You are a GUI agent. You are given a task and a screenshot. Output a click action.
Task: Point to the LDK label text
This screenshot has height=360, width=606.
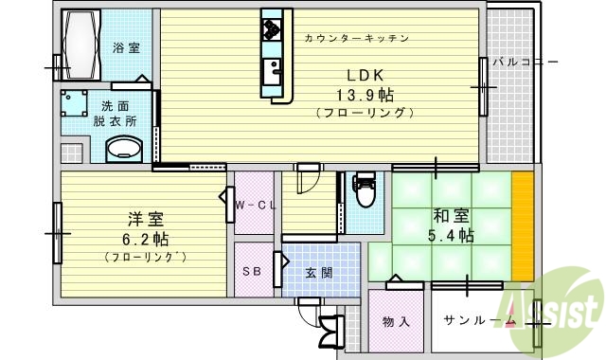[365, 77]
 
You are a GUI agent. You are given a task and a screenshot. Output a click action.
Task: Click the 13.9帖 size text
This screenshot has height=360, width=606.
[365, 95]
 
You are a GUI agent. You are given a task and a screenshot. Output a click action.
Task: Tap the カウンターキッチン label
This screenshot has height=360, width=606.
[357, 39]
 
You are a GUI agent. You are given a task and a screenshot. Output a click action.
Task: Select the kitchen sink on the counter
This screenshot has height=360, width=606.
[272, 70]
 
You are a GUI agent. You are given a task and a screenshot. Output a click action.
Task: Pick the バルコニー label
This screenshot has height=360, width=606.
[524, 63]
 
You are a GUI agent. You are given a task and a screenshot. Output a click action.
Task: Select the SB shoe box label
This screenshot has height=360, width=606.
[251, 271]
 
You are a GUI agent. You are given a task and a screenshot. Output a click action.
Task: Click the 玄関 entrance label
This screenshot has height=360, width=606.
[318, 273]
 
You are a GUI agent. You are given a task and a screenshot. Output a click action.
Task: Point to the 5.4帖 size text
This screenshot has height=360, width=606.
[453, 237]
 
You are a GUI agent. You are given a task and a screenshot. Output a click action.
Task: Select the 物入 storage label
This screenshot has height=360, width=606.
[397, 321]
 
